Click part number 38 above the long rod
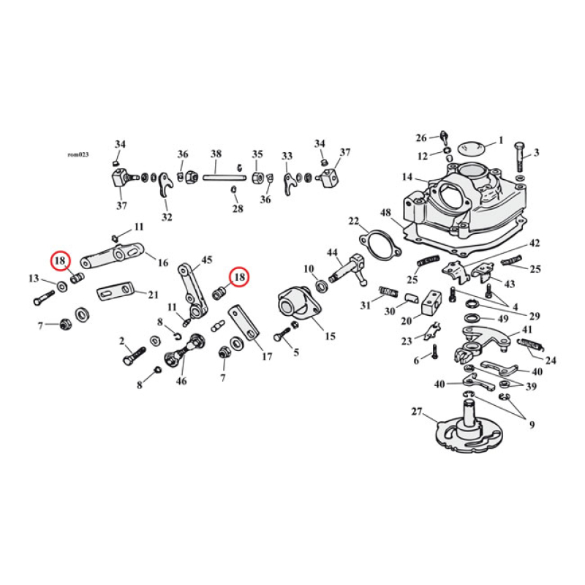coord(216,154)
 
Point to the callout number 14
coord(407,178)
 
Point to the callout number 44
coord(333,253)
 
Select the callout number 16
coord(162,263)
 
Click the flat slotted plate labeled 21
coord(117,292)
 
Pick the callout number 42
coord(534,243)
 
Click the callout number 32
coord(167,217)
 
